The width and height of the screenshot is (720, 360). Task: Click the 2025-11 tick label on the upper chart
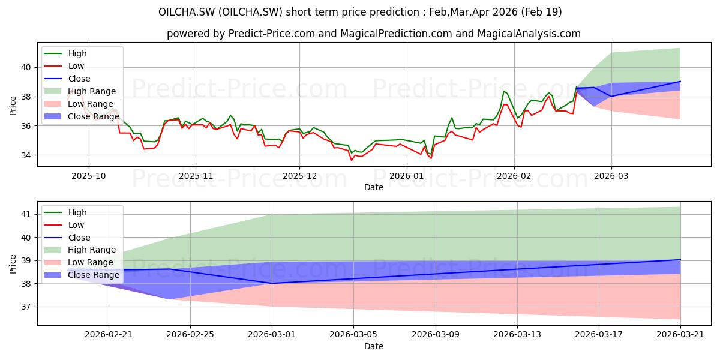[196, 176]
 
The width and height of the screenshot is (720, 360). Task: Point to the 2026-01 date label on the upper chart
[407, 176]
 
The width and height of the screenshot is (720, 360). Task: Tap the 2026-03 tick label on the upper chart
[611, 176]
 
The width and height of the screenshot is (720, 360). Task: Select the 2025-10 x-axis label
[88, 176]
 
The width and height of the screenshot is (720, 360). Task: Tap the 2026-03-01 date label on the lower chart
[272, 335]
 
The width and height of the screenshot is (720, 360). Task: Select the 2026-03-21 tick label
[680, 335]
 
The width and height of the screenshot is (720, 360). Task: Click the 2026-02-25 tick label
[190, 335]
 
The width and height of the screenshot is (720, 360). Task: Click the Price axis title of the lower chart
[13, 264]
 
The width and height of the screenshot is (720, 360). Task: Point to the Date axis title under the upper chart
[373, 187]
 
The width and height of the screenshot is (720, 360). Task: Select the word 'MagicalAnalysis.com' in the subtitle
[529, 34]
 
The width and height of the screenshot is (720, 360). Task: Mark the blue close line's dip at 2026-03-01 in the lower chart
[272, 283]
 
